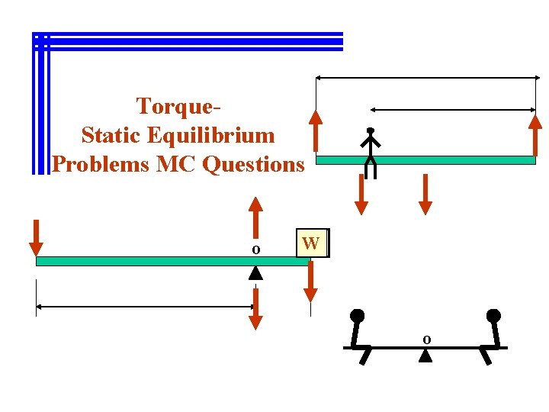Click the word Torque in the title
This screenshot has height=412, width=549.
[x=177, y=105]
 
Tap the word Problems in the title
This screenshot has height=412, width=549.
[x=101, y=163]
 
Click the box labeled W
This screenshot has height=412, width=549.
[x=311, y=243]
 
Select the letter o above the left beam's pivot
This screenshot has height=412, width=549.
[x=256, y=249]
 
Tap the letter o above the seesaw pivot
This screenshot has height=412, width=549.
[x=426, y=338]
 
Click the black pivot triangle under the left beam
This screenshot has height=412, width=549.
[x=256, y=272]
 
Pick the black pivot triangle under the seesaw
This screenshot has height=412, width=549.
[x=425, y=355]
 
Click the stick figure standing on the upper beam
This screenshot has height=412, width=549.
[x=370, y=152]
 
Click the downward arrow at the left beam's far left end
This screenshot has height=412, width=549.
[x=36, y=237]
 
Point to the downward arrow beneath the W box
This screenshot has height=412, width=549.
[x=310, y=282]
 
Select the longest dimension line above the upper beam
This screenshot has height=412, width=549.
[x=427, y=78]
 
